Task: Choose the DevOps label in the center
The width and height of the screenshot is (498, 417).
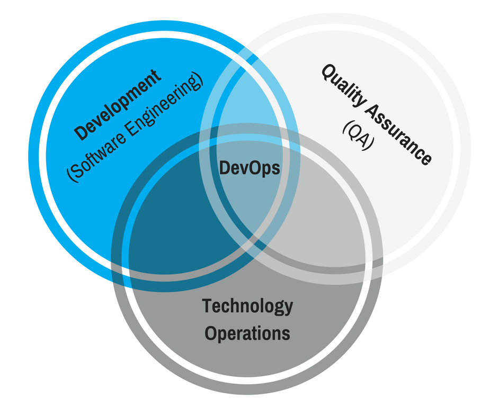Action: click(250, 168)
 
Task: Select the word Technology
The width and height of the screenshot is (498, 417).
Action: click(247, 305)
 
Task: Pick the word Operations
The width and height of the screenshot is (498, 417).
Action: click(247, 333)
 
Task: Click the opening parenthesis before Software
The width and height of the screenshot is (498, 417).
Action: click(72, 175)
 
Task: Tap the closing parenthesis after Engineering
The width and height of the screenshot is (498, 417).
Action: click(199, 80)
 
